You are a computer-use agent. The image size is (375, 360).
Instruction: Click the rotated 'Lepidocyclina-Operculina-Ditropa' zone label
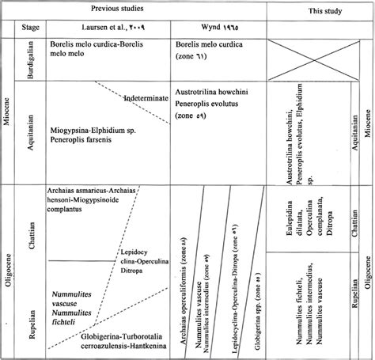233,269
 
